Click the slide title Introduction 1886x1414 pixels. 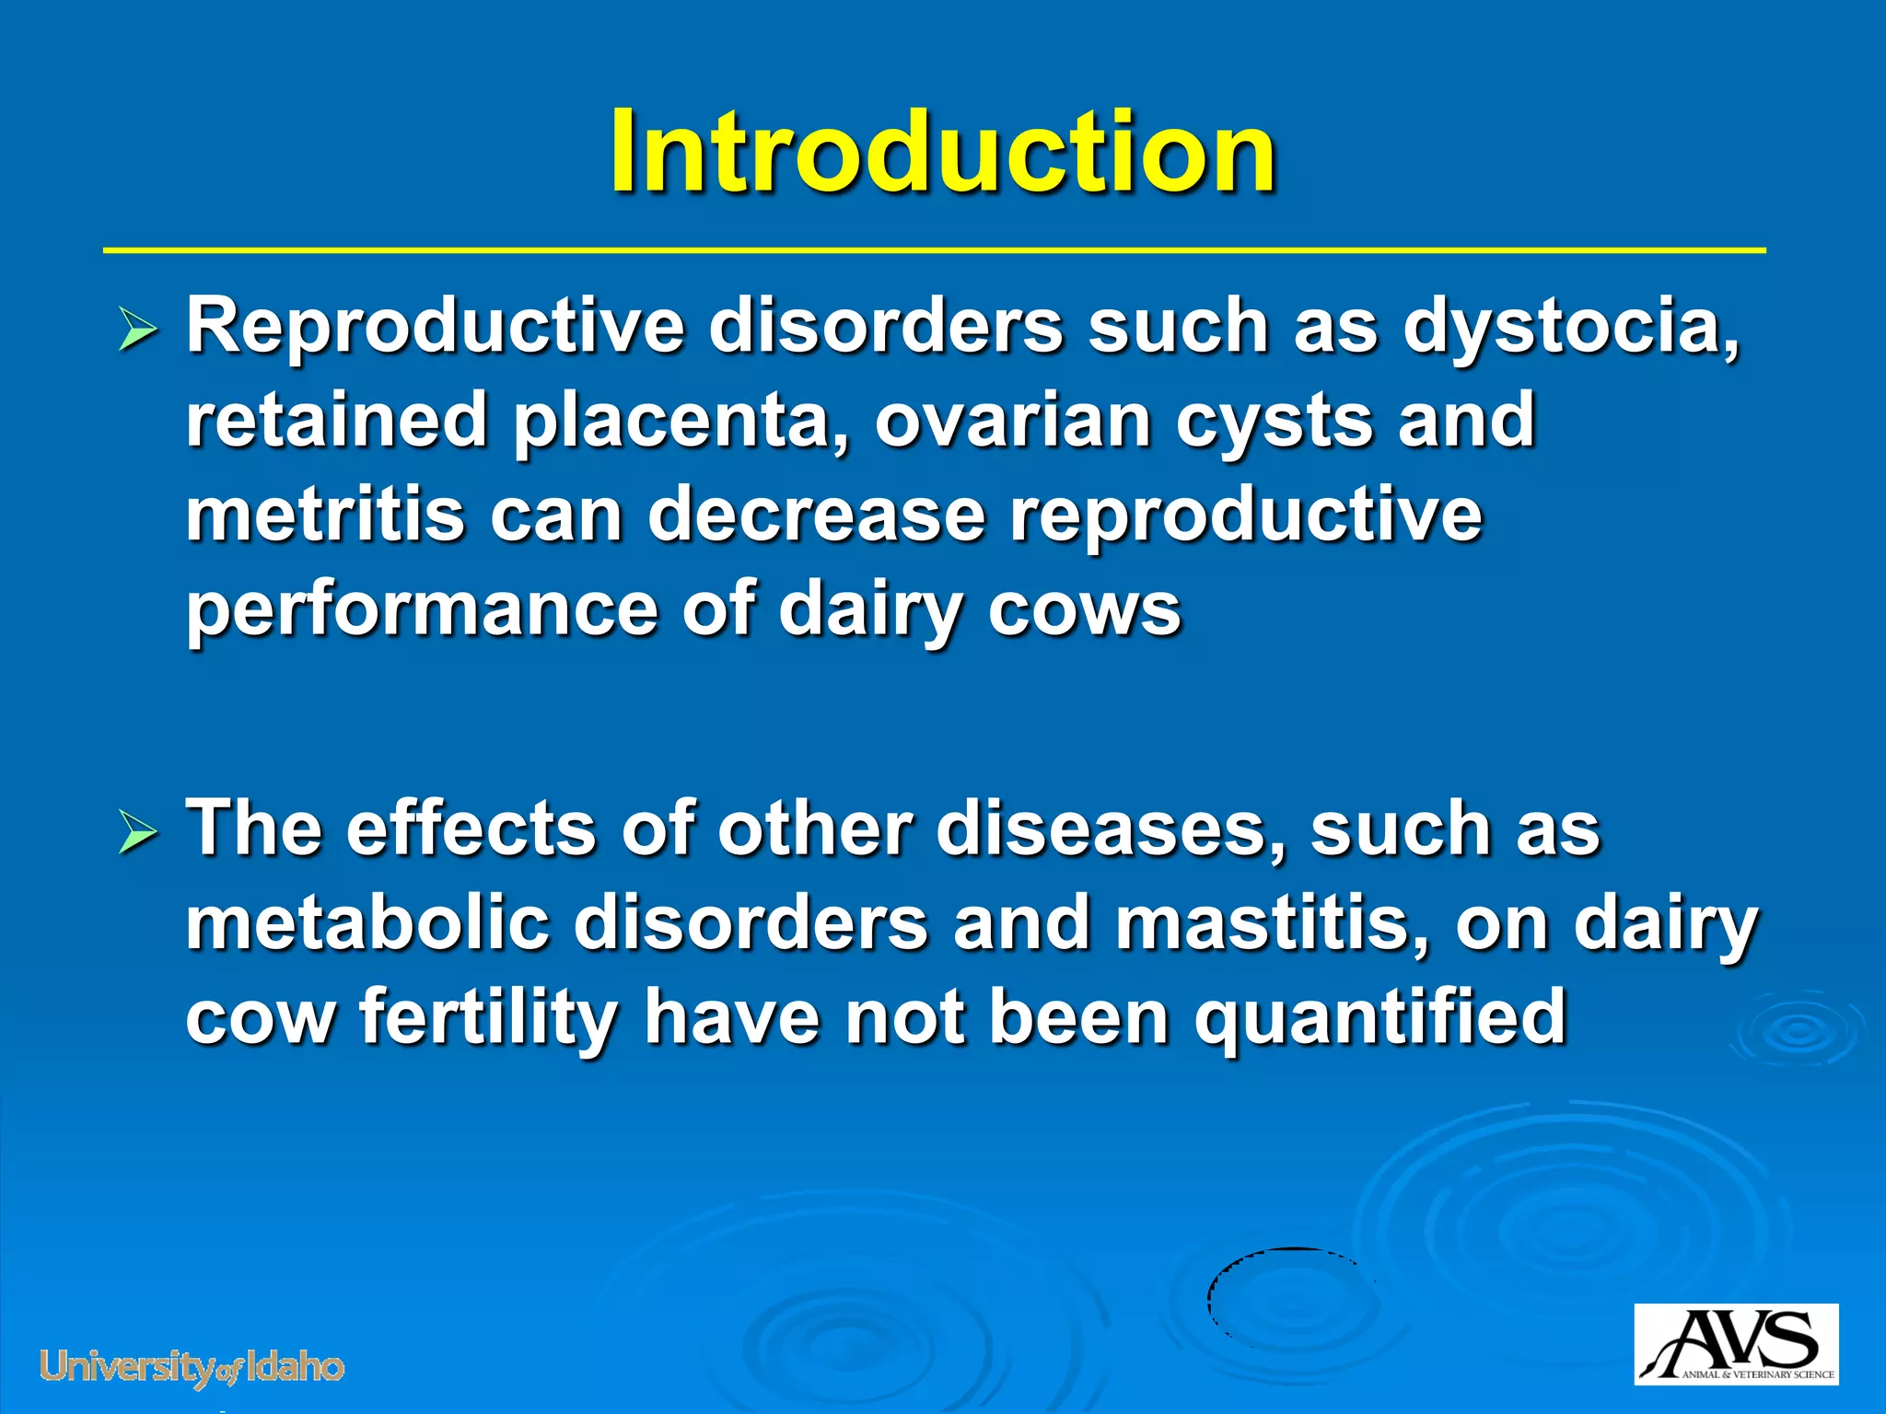coord(942,152)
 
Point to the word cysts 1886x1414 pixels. coord(1274,421)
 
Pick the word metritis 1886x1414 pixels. coord(325,516)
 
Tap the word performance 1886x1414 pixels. coord(421,610)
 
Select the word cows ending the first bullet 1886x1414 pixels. coord(1084,610)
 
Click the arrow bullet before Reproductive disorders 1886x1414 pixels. coord(139,332)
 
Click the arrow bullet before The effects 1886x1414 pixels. coord(139,835)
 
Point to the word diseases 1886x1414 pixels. coord(1110,829)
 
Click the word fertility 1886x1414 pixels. coord(488,1018)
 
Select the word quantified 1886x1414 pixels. coord(1379,1018)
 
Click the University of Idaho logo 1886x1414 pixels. coord(192,1368)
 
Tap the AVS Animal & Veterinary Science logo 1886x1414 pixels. coord(1736,1344)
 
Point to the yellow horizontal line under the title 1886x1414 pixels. coord(934,249)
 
